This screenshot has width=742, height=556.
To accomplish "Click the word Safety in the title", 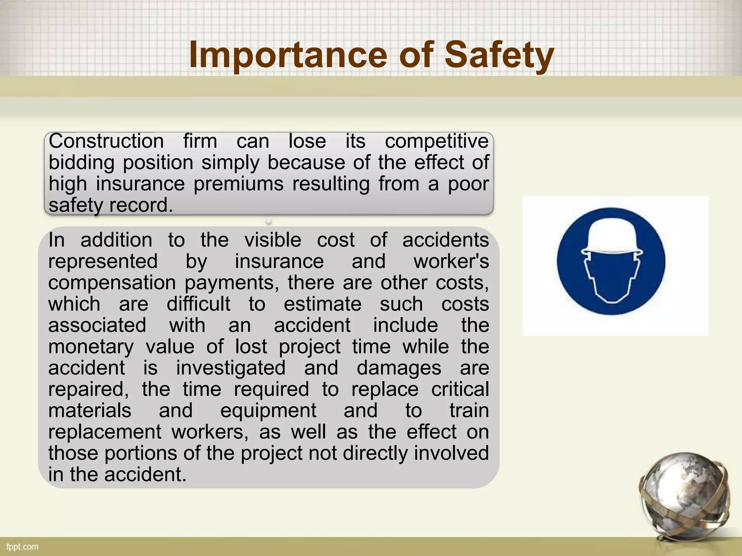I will [499, 55].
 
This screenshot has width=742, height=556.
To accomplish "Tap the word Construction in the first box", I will [106, 141].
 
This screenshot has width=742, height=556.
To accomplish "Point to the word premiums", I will [238, 184].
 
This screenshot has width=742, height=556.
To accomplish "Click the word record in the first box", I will [141, 205].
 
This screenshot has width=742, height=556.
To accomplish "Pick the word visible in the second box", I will [273, 240].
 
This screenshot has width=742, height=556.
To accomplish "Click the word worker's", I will [451, 261].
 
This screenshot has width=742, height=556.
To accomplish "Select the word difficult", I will [198, 304].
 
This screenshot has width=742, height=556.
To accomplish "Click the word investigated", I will [231, 368].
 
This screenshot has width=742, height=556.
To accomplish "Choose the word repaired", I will [88, 390].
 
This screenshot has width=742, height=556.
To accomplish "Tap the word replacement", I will [105, 433].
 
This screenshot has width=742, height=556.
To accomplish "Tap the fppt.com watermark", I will [22, 547].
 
